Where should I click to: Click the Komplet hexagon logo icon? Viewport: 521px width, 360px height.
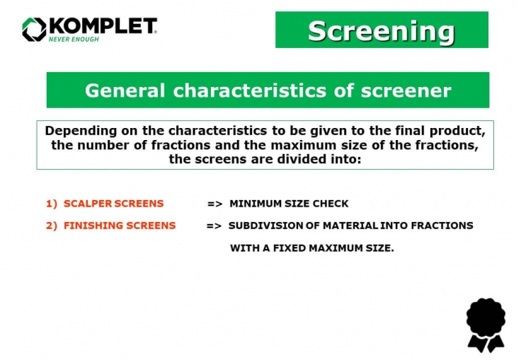[x=33, y=29]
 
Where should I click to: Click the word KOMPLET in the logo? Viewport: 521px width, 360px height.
[x=102, y=26]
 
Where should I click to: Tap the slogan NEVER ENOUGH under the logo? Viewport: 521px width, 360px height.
[x=74, y=40]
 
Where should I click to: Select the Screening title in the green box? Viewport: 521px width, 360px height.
[x=381, y=30]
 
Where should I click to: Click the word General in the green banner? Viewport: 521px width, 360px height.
[x=125, y=91]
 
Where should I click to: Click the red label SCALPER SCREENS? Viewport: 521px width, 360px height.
[x=113, y=204]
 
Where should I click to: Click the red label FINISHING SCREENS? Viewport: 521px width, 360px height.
[x=119, y=226]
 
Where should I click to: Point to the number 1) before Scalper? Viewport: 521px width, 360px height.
[x=51, y=204]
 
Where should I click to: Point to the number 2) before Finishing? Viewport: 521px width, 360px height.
[x=51, y=226]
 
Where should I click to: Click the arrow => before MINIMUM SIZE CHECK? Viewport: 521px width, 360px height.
[x=215, y=204]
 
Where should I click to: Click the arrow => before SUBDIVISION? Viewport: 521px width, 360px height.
[x=214, y=226]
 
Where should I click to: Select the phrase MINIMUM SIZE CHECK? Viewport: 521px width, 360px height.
[x=289, y=204]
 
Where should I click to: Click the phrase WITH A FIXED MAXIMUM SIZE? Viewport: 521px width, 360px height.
[x=311, y=248]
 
